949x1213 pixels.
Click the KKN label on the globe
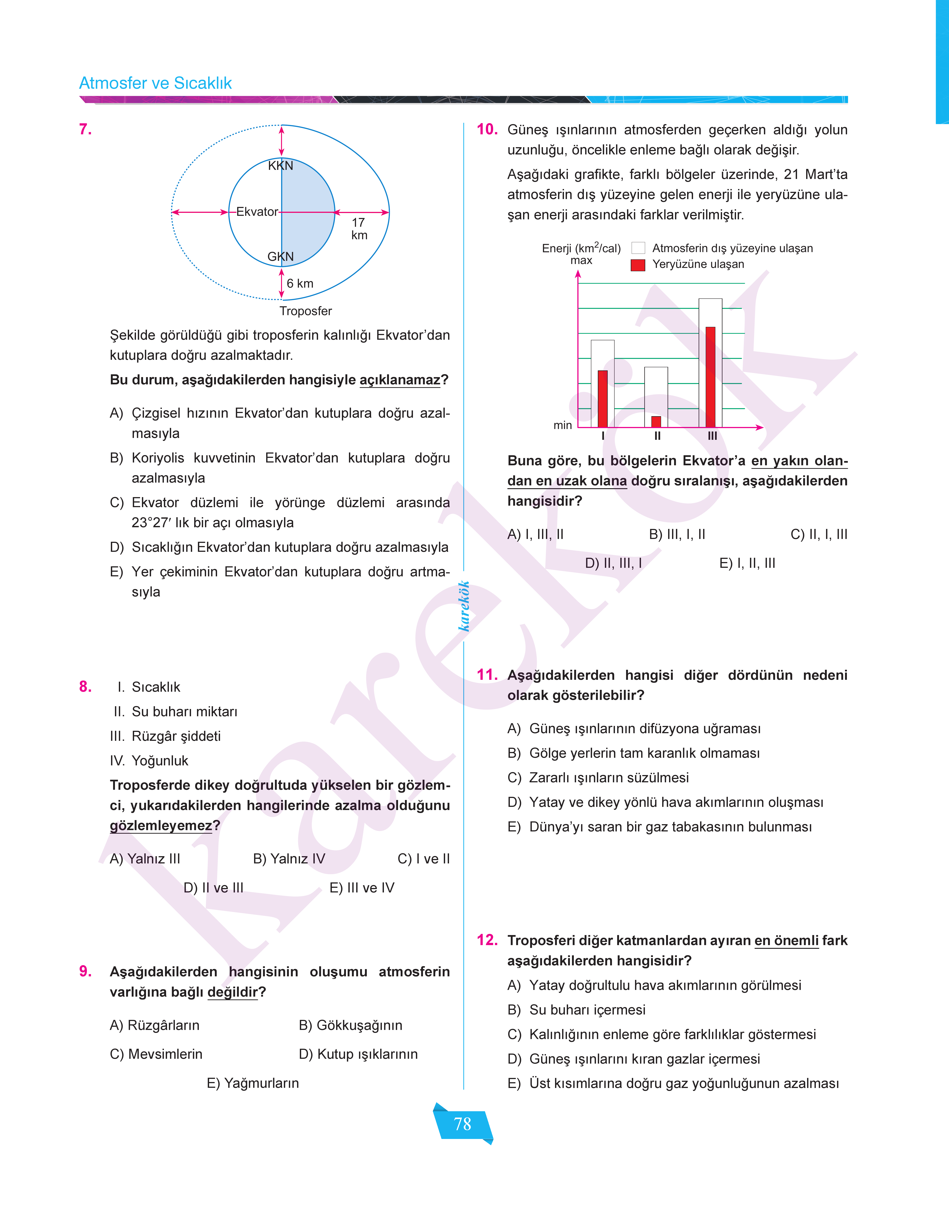coord(280,166)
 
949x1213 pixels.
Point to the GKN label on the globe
coord(280,257)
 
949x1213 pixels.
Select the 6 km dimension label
coord(300,283)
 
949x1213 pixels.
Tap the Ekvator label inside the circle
coord(257,212)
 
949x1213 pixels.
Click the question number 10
coord(487,129)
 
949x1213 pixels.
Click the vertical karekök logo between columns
coord(464,606)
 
